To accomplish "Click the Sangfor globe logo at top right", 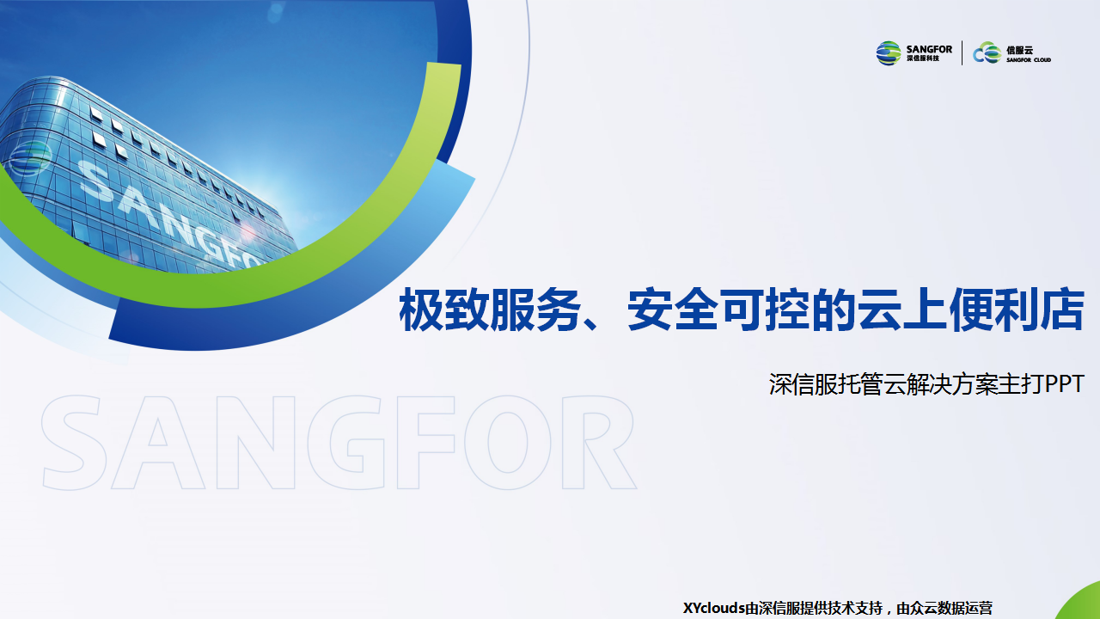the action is coord(889,53).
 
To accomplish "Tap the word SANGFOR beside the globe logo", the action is coord(929,49).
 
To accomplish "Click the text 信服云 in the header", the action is coord(1019,50).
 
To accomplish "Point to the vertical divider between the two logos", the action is coord(962,52).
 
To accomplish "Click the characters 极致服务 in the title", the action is coord(490,310).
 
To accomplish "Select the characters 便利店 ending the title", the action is coord(1016,310).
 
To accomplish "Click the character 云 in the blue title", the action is coord(878,310).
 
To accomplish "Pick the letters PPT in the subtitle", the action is coord(1065,383).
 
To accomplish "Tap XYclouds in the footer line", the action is coord(714,608).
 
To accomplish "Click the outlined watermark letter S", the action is coord(74,442).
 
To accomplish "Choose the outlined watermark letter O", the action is coord(508,442).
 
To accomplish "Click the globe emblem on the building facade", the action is coord(30,158).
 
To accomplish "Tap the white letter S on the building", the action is coord(95,181).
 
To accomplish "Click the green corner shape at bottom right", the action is coord(1080,603).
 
